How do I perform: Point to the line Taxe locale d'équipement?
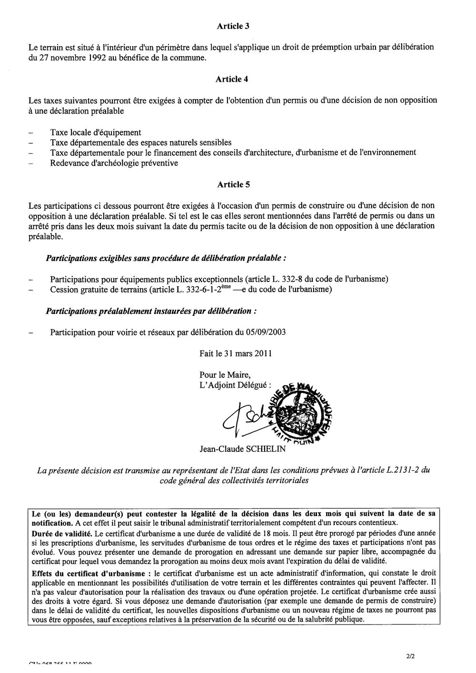pos(96,133)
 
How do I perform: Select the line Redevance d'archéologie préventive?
pos(114,163)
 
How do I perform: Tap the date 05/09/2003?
pos(266,332)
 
